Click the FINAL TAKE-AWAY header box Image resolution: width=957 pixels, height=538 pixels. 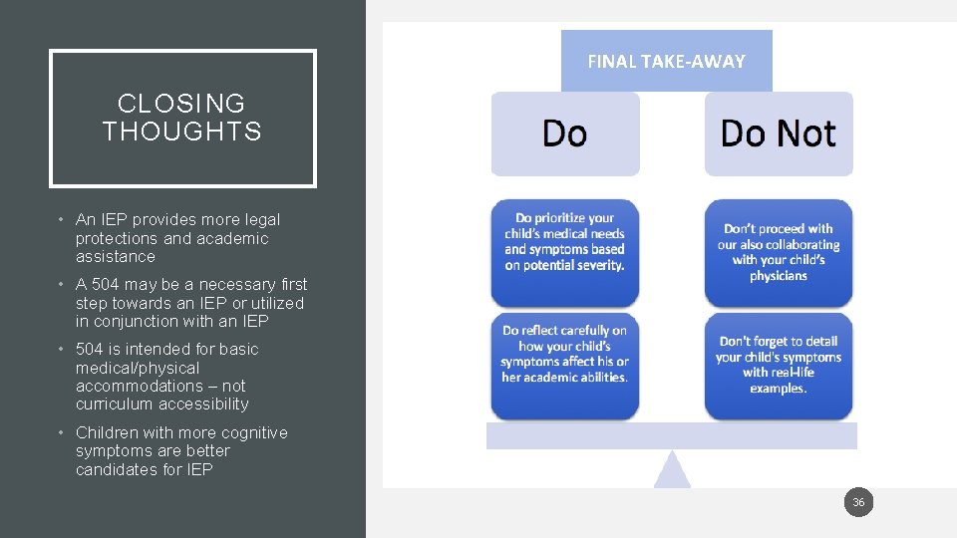pos(666,61)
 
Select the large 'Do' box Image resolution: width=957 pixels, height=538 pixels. pos(565,134)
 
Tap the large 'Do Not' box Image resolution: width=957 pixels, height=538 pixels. pos(779,134)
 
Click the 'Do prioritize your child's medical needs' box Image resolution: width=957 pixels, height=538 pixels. pos(565,251)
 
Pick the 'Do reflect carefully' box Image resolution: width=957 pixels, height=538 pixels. pos(565,365)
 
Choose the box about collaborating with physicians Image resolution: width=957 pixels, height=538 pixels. pos(779,251)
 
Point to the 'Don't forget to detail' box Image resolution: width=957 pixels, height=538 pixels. pos(779,365)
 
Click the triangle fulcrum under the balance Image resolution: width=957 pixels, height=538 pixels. pos(672,471)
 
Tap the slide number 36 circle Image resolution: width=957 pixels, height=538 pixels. pos(858,503)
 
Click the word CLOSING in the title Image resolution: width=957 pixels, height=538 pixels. pos(181,104)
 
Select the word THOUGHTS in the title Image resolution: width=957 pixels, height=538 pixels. pos(182,132)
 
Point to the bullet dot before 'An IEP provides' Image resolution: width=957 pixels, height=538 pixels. pos(61,219)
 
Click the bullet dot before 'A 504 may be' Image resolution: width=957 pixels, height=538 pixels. pos(61,285)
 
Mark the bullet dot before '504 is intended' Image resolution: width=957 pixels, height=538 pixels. pos(61,350)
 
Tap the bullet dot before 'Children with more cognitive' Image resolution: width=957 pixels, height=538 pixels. pos(61,433)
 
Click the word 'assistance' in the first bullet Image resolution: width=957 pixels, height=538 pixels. pos(116,257)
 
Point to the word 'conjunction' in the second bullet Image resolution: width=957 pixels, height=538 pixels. pos(137,322)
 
